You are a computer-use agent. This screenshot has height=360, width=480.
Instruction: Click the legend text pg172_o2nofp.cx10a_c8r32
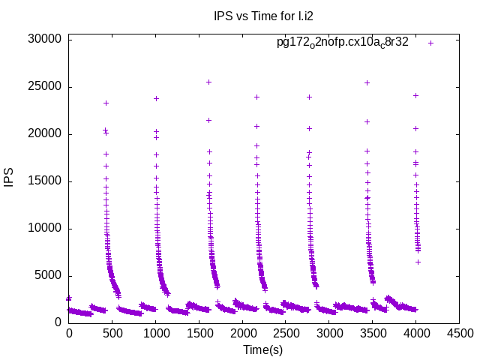point(343,43)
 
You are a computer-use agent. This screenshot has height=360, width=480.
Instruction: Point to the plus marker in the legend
point(430,43)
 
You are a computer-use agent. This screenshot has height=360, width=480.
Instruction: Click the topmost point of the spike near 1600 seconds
point(208,82)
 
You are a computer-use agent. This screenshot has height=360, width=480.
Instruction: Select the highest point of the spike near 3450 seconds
point(367,82)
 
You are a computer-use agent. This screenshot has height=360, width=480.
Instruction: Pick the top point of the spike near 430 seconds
point(106,103)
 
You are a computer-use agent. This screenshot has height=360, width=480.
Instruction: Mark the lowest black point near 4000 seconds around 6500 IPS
point(418,262)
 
